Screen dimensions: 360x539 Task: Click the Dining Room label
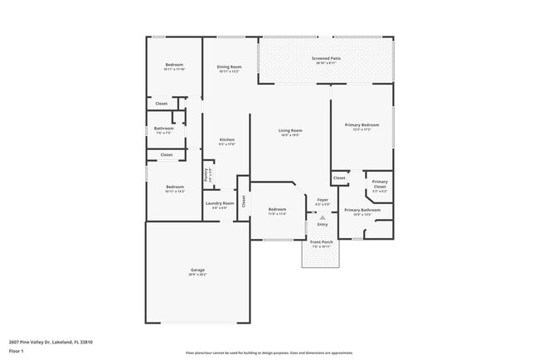coord(230,66)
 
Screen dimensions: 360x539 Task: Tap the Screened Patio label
coord(326,58)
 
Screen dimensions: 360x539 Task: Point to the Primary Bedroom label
coord(362,124)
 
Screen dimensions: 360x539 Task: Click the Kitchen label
coord(226,139)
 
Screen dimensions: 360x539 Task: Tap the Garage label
coord(197,270)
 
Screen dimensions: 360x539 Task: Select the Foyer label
coord(323,199)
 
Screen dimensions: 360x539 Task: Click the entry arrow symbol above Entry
coord(323,215)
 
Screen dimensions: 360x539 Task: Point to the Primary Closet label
coord(380,182)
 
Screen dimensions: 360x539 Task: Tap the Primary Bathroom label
coord(362,210)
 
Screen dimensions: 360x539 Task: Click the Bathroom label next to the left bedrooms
coord(163,128)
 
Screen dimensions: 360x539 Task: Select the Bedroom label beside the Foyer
coord(276,209)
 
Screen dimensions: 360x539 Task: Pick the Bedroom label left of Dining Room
coord(174,65)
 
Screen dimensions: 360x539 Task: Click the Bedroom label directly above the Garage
coord(174,187)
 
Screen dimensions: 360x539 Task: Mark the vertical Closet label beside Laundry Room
coord(244,200)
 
